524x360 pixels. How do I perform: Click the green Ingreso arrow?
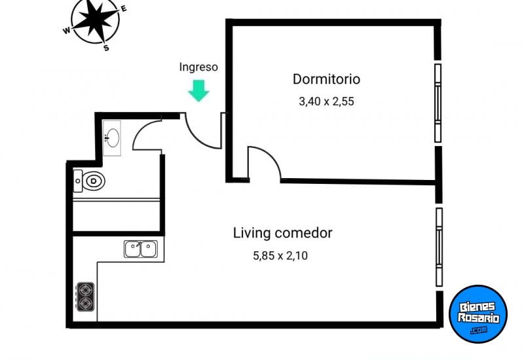[x=198, y=90]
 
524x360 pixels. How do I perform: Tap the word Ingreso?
[x=198, y=67]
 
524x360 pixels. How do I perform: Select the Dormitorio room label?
[x=326, y=79]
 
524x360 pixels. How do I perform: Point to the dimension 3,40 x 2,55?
[x=326, y=101]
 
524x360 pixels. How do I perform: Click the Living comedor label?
[x=283, y=232]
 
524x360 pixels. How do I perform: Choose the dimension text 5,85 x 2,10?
[x=280, y=256]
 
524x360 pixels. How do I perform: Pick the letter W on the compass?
[x=66, y=30]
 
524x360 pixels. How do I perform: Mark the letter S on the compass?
[x=107, y=48]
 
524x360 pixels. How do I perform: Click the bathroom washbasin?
[x=112, y=138]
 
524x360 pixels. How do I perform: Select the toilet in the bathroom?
[x=89, y=180]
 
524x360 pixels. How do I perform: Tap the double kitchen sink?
[x=141, y=249]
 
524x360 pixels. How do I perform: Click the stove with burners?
[x=85, y=297]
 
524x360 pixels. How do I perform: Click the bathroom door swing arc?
[x=147, y=134]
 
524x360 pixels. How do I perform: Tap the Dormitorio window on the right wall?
[x=438, y=102]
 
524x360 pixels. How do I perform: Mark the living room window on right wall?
[x=439, y=246]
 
